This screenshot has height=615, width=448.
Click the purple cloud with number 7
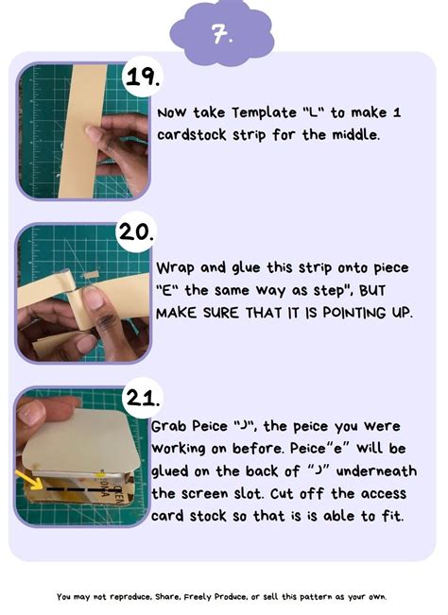click(x=223, y=36)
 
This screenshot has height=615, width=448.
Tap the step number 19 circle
click(x=143, y=78)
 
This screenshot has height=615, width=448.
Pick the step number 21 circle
click(x=143, y=398)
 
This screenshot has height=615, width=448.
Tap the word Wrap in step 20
click(x=175, y=267)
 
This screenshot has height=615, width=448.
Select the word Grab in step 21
click(x=171, y=427)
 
